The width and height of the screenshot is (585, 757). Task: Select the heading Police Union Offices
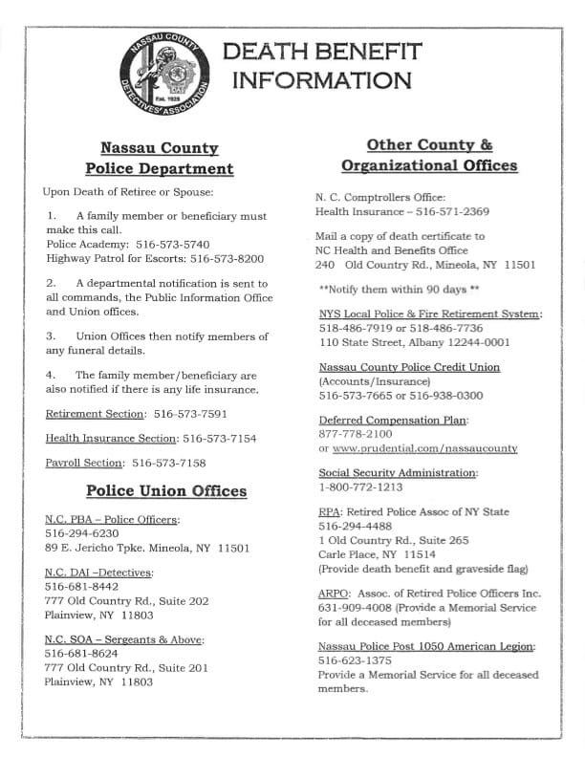pos(166,491)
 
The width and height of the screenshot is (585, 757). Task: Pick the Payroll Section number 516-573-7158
pos(168,463)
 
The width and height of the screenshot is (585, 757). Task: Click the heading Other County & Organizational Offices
pos(429,155)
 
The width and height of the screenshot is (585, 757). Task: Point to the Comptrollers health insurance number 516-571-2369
pos(448,212)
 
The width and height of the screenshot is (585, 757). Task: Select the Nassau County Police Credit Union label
pos(409,367)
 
